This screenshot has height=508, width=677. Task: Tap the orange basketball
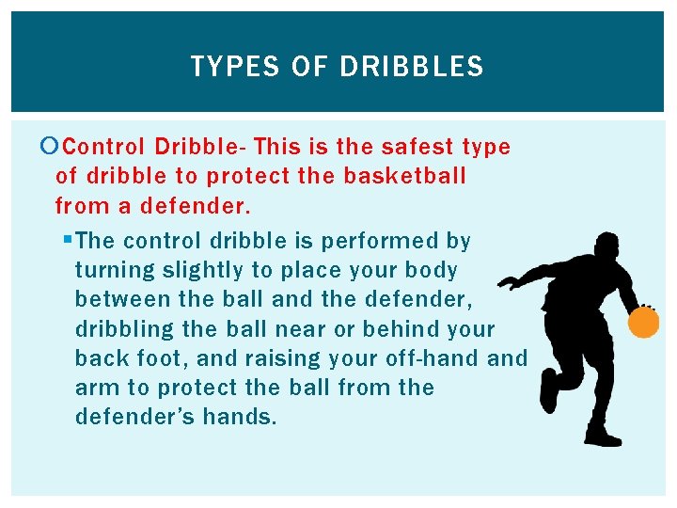643,323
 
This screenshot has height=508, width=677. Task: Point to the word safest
415,147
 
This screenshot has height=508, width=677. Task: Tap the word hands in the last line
242,417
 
